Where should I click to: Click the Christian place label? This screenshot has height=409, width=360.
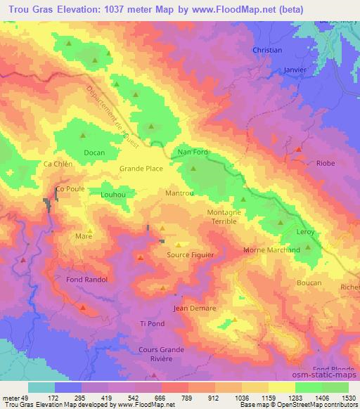click(x=267, y=51)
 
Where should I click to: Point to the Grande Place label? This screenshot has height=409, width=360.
click(x=141, y=169)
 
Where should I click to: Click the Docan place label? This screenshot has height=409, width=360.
click(x=94, y=152)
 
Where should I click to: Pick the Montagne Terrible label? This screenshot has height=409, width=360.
click(x=225, y=216)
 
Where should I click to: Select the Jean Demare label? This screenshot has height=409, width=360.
click(x=194, y=309)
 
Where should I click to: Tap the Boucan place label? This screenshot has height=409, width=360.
click(x=309, y=283)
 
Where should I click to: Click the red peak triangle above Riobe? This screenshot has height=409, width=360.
click(x=300, y=150)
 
